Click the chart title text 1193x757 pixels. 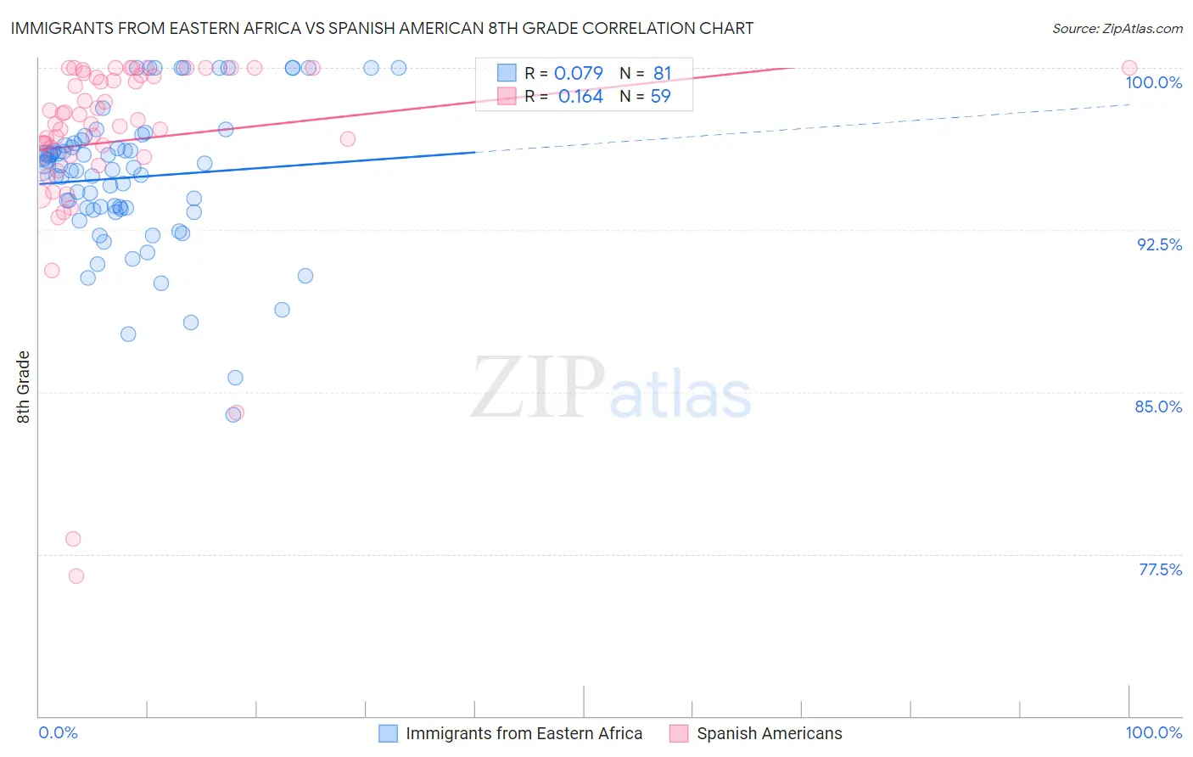382,28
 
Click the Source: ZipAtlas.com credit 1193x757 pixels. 1117,28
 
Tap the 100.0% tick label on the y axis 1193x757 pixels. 1153,82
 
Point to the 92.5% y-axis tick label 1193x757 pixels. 1159,244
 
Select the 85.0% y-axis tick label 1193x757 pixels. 1158,407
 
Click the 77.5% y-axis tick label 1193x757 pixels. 1160,569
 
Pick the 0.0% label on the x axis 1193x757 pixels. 58,732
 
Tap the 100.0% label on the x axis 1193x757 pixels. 1153,732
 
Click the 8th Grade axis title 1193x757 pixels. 24,387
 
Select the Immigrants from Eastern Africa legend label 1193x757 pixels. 524,733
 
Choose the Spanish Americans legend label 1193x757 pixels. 769,733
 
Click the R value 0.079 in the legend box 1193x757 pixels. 578,73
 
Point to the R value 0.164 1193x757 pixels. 580,97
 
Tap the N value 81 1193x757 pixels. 662,73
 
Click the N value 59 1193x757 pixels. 660,97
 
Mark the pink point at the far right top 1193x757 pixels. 1129,68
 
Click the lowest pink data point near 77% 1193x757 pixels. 76,575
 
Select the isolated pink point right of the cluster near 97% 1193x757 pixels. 347,138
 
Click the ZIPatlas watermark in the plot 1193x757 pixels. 611,389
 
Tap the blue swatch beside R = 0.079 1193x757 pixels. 507,73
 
